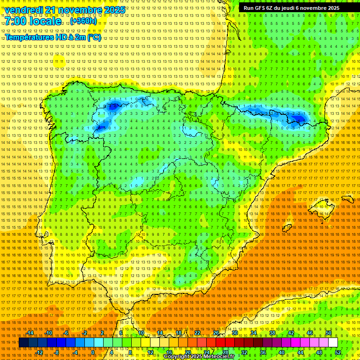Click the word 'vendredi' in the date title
pos(24,10)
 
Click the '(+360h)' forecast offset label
pos(83,21)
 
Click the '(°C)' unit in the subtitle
pos(94,37)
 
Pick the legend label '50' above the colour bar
pos(328,333)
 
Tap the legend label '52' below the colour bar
pos(338,352)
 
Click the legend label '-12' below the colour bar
pos(39,352)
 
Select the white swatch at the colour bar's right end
pos(333,343)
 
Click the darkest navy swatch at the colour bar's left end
pos(23,343)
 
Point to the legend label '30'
pos(234,333)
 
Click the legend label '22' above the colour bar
pos(197,333)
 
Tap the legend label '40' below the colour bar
pos(281,352)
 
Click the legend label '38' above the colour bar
pos(272,333)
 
